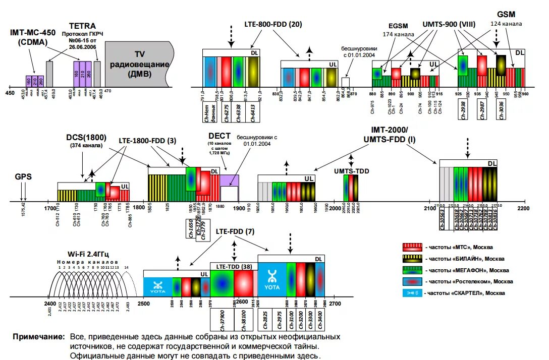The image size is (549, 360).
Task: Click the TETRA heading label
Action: pos(82,26)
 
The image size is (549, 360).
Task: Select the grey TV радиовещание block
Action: pos(138,64)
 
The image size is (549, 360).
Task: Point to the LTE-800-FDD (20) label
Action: pos(273,24)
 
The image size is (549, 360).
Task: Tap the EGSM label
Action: pos(398,26)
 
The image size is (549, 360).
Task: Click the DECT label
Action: pos(219,136)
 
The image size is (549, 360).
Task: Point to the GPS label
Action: pos(23,176)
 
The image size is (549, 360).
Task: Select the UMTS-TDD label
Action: pos(351,171)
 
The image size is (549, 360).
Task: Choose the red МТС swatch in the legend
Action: pos(412,248)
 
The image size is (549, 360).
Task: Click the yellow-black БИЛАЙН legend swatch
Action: pos(412,259)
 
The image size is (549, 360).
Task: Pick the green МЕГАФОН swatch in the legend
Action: pos(412,270)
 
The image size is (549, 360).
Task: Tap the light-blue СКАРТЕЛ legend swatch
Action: pos(412,293)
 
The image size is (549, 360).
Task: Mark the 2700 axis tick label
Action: pos(335,304)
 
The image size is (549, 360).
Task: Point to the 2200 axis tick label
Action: pos(523,208)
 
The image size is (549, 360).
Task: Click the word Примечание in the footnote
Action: pos(39,336)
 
